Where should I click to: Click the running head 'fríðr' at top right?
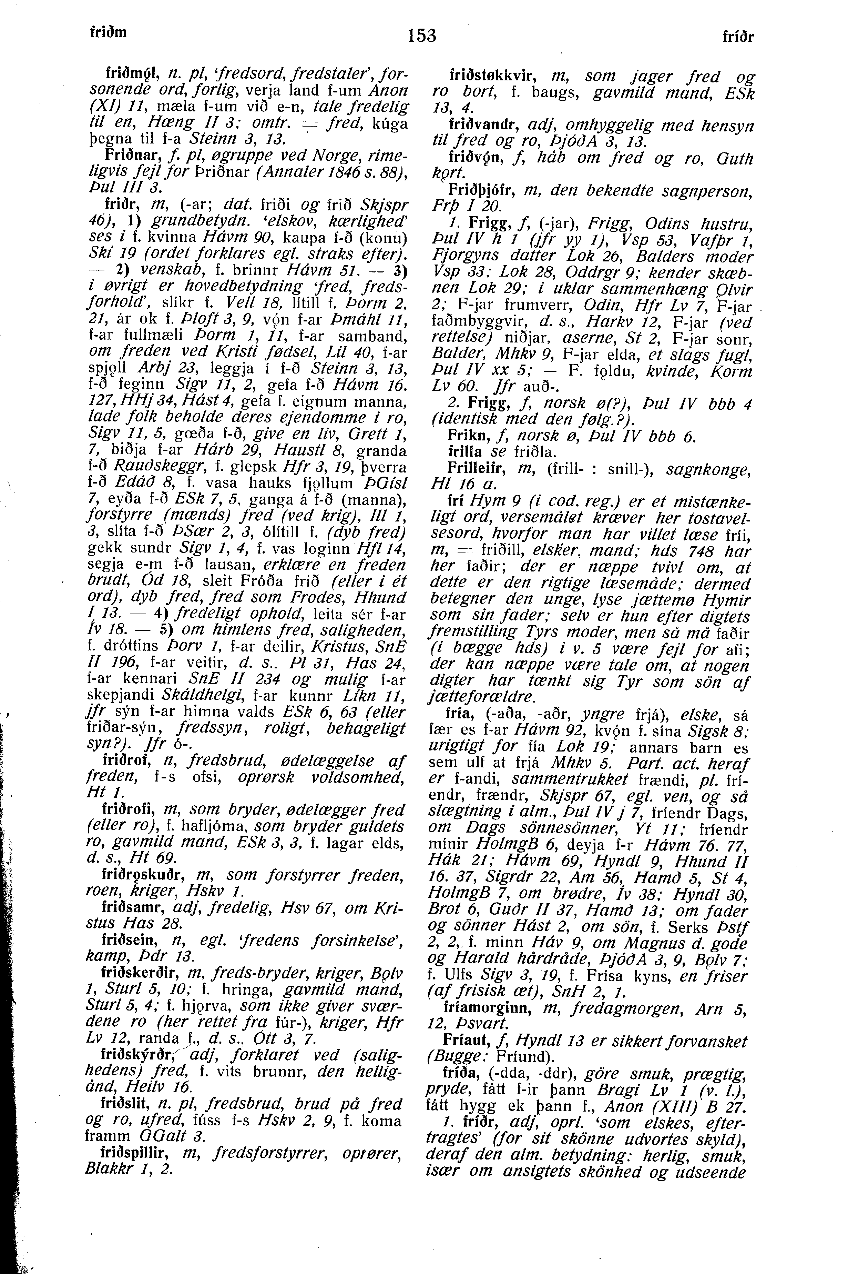[738, 37]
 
